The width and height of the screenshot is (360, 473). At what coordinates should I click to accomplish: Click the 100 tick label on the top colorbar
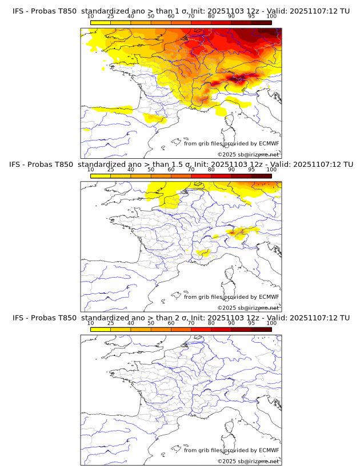click(271, 17)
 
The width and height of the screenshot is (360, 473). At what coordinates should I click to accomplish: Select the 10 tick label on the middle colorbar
click(91, 170)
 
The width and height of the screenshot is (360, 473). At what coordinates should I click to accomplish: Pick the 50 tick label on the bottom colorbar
click(151, 323)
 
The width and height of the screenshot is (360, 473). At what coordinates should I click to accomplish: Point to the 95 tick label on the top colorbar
click(251, 17)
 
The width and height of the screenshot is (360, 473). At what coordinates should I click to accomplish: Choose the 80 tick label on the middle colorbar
click(211, 170)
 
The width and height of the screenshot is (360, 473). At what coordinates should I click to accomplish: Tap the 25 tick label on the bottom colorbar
click(111, 323)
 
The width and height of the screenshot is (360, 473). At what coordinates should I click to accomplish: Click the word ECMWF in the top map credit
click(269, 143)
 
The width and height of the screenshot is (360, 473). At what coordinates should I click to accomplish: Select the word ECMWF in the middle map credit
click(269, 297)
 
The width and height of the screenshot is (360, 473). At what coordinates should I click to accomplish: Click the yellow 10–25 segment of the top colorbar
click(101, 23)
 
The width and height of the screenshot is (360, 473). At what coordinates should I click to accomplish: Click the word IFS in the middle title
click(18, 164)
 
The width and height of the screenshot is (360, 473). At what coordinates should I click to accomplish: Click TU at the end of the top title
click(345, 11)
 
